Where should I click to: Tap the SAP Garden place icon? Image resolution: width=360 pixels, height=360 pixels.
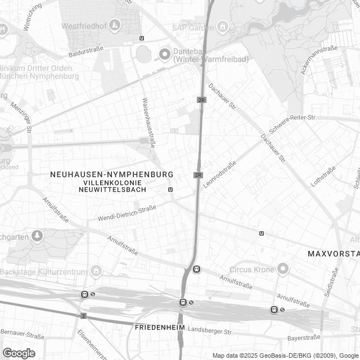pos(223,26)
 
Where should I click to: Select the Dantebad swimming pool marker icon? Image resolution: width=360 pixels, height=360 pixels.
pos(165,54)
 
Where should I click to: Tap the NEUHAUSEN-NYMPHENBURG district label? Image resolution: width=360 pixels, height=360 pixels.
pos(111,175)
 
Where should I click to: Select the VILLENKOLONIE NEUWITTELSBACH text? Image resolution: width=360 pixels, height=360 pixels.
pos(112,186)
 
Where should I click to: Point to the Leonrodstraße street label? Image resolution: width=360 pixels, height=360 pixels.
pos(219,175)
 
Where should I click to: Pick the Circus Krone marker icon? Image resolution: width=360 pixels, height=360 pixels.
pos(283,269)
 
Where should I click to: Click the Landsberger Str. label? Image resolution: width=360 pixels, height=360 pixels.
pos(210,330)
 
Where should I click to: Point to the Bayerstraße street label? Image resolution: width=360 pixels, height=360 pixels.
pos(303,338)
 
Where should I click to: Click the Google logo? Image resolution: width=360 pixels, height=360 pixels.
pos(19,353)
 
